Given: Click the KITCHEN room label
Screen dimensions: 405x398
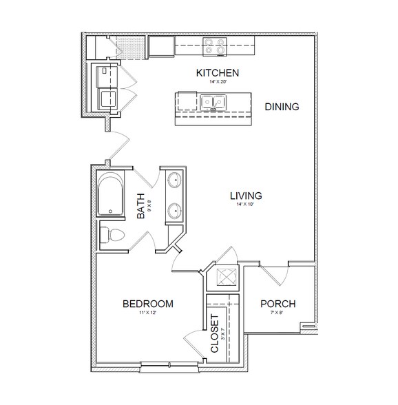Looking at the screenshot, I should pos(217,72).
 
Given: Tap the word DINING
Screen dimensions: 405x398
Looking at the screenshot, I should pos(281,107).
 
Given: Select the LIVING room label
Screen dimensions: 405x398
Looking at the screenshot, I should pos(246,195).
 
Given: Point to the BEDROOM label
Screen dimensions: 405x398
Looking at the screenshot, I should pos(147,304).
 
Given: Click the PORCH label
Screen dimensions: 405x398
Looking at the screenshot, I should pos(278,304).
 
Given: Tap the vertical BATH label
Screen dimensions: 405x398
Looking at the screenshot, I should pos(141,206).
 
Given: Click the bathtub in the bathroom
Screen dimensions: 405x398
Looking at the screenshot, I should pos(109,194).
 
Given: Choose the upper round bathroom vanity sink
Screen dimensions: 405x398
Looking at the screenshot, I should pos(174,180).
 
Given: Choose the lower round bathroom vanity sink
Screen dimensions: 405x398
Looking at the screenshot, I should pos(174,211).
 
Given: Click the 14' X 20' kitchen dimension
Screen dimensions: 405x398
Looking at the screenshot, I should pos(217,82).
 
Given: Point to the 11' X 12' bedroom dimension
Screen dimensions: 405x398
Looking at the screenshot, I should pos(147,313).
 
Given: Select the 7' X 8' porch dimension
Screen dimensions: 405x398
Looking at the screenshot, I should pos(278,313).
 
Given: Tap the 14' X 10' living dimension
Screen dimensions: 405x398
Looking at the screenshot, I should pos(246,205).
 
